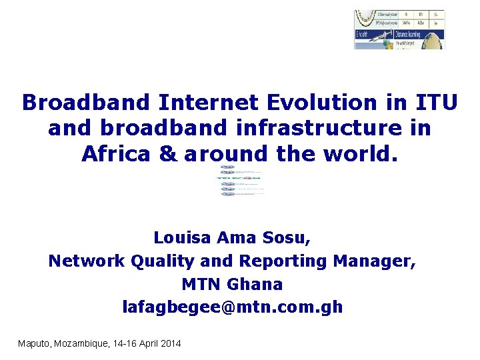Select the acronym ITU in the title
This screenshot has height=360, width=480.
[436, 103]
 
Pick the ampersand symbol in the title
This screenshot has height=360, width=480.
[168, 154]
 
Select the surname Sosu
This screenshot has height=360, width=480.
[287, 237]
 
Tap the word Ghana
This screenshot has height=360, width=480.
[255, 284]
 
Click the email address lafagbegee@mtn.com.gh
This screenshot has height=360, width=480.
[233, 307]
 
